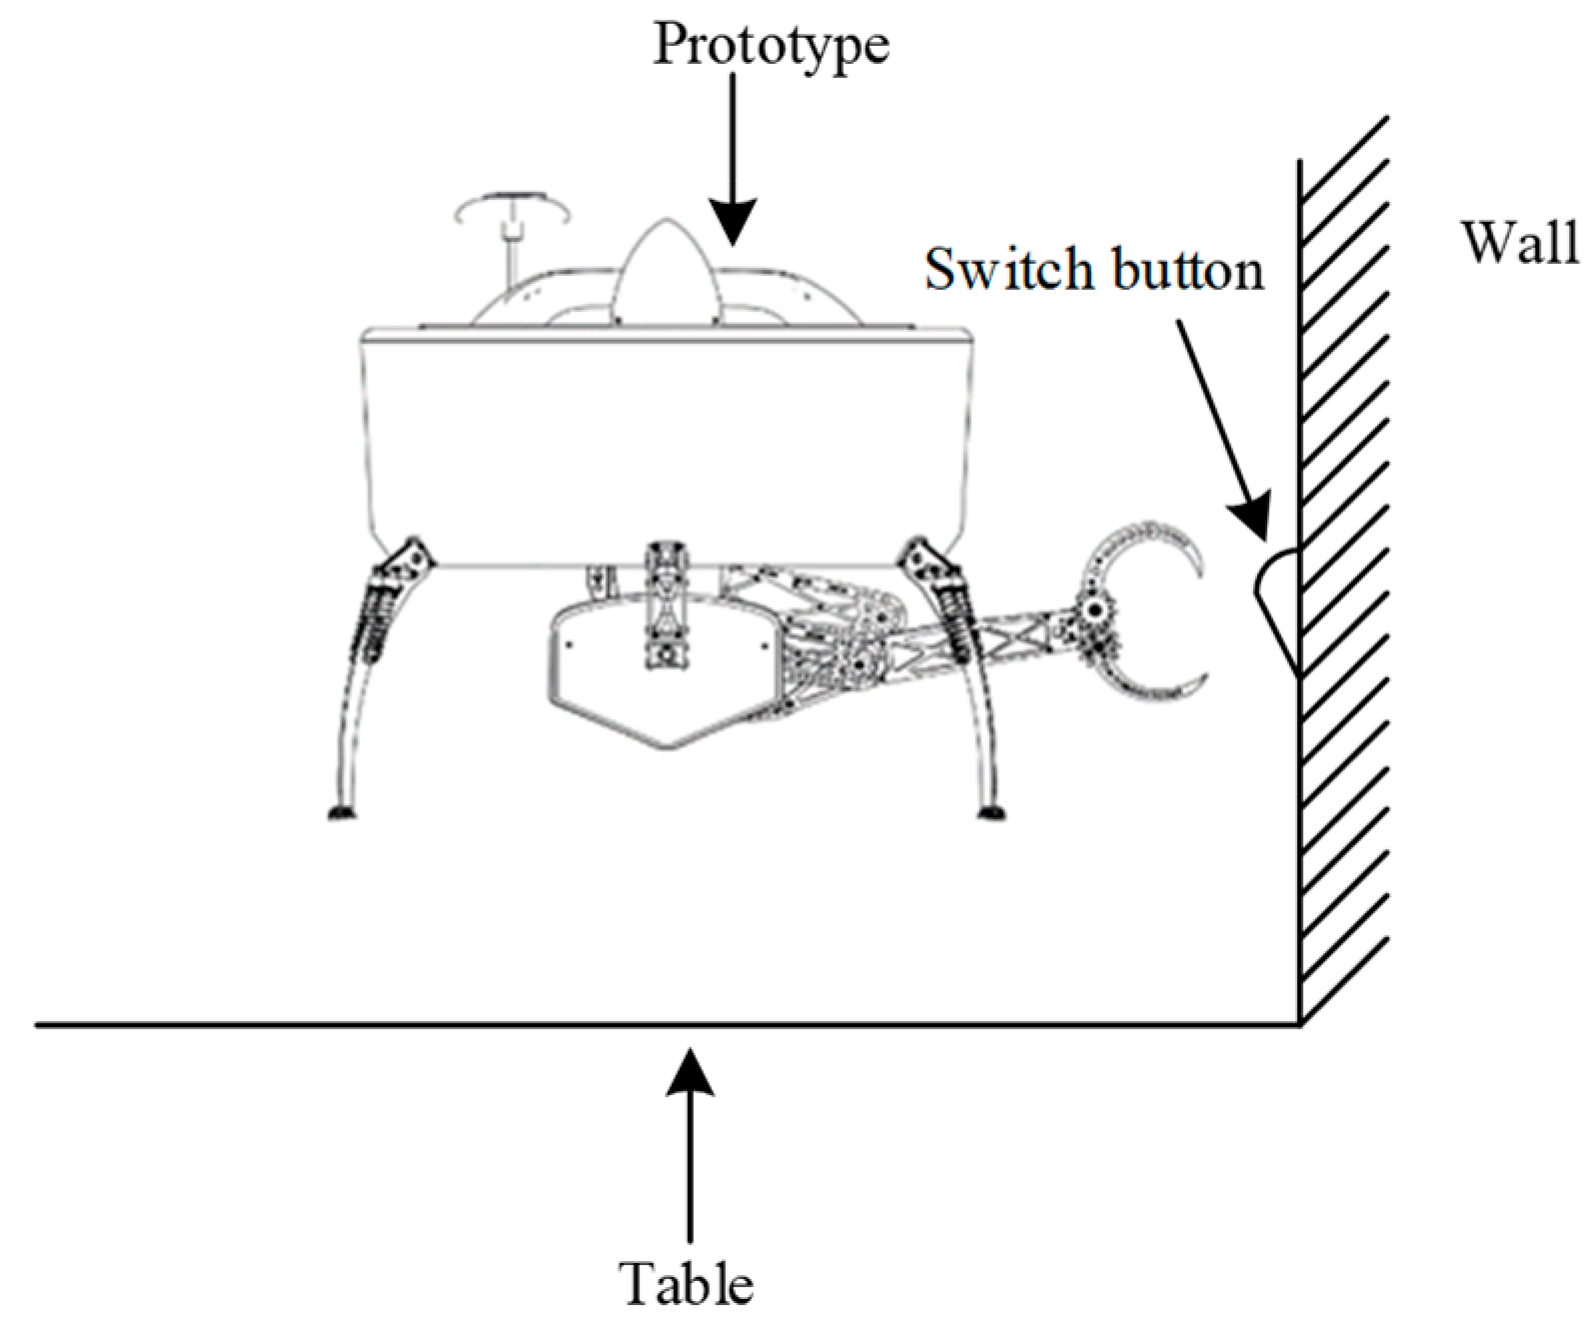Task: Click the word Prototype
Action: click(x=770, y=46)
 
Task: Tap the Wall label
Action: click(x=1519, y=243)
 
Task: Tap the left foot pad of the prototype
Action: click(x=343, y=811)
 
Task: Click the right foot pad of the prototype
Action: click(x=990, y=811)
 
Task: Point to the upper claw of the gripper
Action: click(x=1149, y=545)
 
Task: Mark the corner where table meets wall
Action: click(x=1298, y=1024)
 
